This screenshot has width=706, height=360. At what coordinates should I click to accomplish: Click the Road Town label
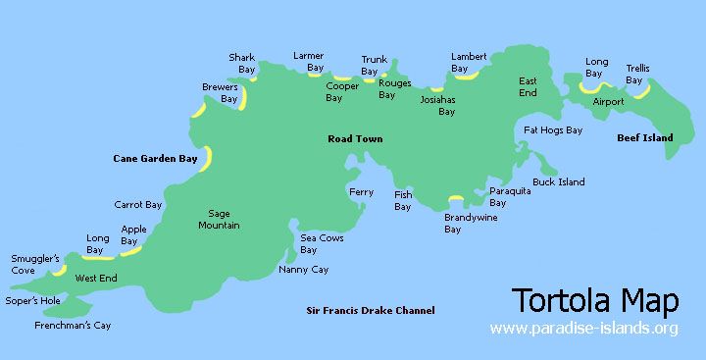coord(355,139)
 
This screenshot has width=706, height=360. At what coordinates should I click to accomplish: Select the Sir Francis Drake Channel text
coord(369,311)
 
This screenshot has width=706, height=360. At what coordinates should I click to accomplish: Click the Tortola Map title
coord(595,298)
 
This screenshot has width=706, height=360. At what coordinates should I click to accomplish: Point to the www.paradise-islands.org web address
coord(583,328)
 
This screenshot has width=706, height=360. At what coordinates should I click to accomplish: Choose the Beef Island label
coord(645,138)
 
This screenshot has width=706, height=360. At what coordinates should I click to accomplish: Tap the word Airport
coord(609,101)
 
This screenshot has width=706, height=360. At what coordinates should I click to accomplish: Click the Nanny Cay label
coord(303,269)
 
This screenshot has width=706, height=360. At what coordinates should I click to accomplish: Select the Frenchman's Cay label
coord(73,325)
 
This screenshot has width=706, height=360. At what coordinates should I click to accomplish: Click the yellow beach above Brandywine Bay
coord(455,199)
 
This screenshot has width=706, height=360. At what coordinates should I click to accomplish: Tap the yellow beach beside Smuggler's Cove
coord(61,268)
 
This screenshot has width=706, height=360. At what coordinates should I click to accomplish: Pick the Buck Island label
coord(559,181)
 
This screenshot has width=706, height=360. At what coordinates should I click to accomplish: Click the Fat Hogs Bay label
coord(553,129)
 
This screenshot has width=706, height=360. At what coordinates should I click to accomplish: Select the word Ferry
coord(362,192)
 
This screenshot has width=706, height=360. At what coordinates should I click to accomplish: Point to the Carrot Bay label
coord(138,205)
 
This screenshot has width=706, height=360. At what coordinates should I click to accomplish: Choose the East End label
coord(528,86)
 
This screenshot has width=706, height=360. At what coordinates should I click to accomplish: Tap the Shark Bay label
coord(242,64)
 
